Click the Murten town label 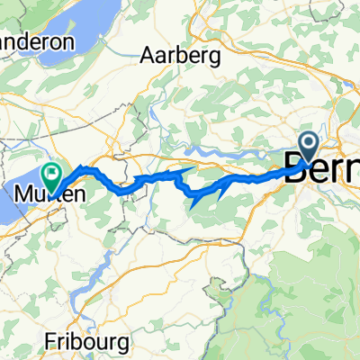pyautogui.click(x=43, y=193)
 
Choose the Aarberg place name pyautogui.click(x=180, y=56)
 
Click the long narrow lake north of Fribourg pyautogui.click(x=101, y=261)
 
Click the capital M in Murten pyautogui.click(x=23, y=193)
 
